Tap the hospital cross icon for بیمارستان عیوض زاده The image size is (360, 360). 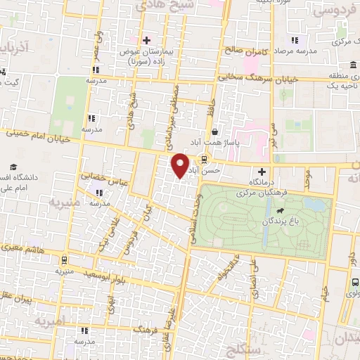[146, 40]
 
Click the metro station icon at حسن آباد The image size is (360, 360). [204, 159]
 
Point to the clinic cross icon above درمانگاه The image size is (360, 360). [262, 171]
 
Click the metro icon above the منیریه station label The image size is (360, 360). [65, 258]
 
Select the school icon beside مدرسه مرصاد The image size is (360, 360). [295, 40]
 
